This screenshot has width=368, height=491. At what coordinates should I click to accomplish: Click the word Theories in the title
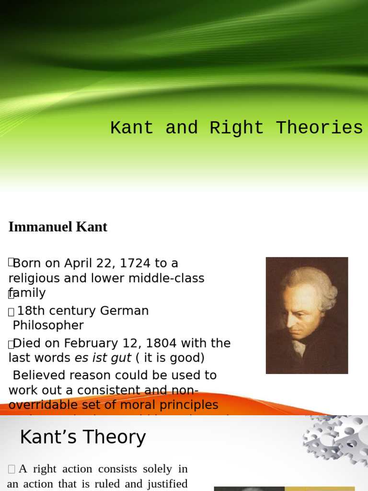(x=319, y=128)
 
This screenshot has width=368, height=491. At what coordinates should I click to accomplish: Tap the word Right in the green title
(x=236, y=128)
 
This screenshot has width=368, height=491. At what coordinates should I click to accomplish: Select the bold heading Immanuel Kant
(x=57, y=227)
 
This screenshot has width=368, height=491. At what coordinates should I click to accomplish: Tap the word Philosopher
(x=48, y=326)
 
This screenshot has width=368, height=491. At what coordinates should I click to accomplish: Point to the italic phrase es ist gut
(x=103, y=358)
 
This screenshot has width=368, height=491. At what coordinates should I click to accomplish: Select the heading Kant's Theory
(x=82, y=437)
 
